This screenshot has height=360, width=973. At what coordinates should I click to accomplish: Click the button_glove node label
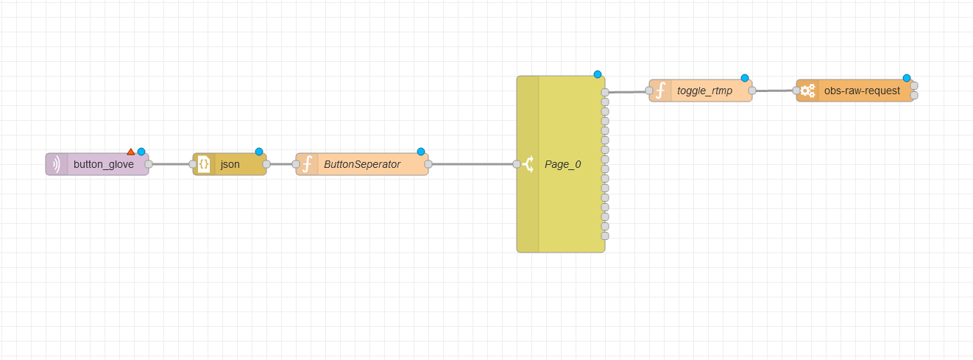pyautogui.click(x=104, y=164)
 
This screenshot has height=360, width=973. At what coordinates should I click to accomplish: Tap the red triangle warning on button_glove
pyautogui.click(x=131, y=152)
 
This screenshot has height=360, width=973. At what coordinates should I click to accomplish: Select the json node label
pyautogui.click(x=230, y=164)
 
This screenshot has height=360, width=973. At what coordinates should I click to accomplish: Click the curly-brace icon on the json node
pyautogui.click(x=204, y=164)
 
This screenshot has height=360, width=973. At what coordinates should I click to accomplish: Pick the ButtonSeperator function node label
pyautogui.click(x=362, y=164)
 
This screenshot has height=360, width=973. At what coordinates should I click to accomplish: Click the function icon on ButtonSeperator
pyautogui.click(x=307, y=164)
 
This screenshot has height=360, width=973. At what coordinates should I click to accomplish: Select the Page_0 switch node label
pyautogui.click(x=563, y=164)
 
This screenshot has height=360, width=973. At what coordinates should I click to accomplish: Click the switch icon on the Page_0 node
pyautogui.click(x=528, y=164)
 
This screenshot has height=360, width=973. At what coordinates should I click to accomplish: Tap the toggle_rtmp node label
pyautogui.click(x=705, y=91)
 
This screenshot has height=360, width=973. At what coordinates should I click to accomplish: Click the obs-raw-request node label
pyautogui.click(x=862, y=91)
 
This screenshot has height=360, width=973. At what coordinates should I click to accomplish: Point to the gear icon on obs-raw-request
pyautogui.click(x=807, y=91)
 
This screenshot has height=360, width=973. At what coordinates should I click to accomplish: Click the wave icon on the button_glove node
pyautogui.click(x=57, y=164)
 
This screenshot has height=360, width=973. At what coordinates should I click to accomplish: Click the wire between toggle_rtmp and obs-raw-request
pyautogui.click(x=774, y=91)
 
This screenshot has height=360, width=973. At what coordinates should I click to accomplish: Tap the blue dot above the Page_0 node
pyautogui.click(x=598, y=74)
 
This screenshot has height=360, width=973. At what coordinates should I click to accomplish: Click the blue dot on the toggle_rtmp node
pyautogui.click(x=745, y=78)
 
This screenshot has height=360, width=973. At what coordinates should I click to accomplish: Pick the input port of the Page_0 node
pyautogui.click(x=517, y=164)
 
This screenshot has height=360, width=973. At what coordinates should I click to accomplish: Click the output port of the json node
pyautogui.click(x=266, y=164)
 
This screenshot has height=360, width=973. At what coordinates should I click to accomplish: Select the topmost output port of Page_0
pyautogui.click(x=605, y=93)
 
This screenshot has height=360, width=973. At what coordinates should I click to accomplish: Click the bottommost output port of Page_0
pyautogui.click(x=605, y=236)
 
